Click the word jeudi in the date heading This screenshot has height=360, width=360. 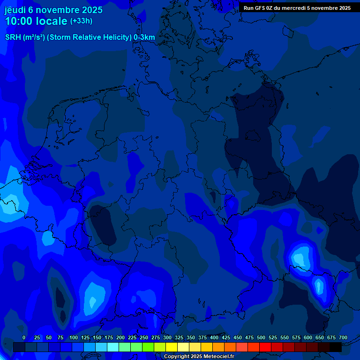coord(15,10)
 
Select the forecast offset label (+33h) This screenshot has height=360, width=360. coord(81,21)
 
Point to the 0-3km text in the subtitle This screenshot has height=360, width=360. coord(144,37)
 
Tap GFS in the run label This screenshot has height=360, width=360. coord(261,8)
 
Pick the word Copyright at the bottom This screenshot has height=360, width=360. coord(177,357)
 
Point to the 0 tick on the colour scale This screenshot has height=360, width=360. coord(24,337)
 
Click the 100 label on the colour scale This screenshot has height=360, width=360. coord(73,337)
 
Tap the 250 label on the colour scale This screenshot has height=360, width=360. coord(144,337)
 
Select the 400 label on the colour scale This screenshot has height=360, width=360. coord(214,337)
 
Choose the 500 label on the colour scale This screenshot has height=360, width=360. coord(261,337)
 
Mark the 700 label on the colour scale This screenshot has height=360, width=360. coord(343,337)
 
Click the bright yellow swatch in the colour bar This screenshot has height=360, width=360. coord(172,347)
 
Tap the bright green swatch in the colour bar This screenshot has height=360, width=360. coord(148,347)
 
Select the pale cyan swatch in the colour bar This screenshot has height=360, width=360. coord(113,347)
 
